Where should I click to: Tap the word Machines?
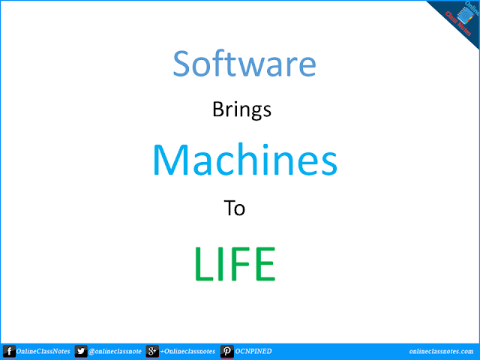point(244,159)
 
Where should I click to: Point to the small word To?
point(235,208)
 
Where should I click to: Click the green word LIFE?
point(234,263)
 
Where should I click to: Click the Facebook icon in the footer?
point(9,351)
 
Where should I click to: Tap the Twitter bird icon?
point(80,351)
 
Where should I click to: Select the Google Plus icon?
point(151,351)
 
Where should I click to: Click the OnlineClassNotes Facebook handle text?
point(43,351)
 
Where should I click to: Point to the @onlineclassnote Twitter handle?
point(115,351)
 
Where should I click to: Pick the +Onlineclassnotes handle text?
point(187,351)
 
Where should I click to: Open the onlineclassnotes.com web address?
point(433,351)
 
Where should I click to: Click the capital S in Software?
point(184,64)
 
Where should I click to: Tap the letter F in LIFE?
point(235,263)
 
